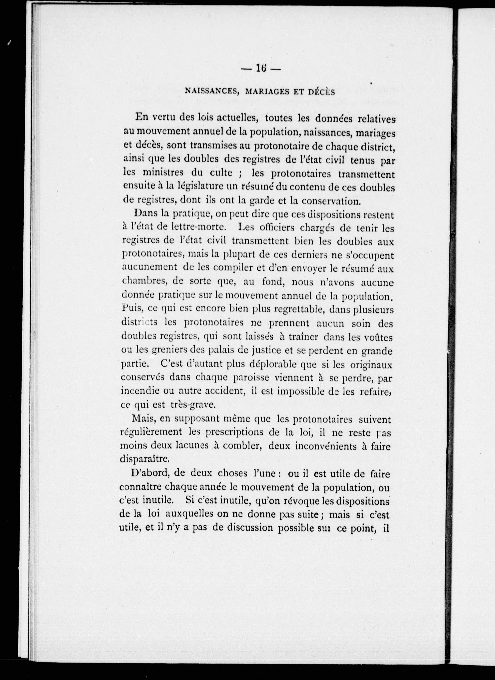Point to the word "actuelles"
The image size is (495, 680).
click(237, 118)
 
